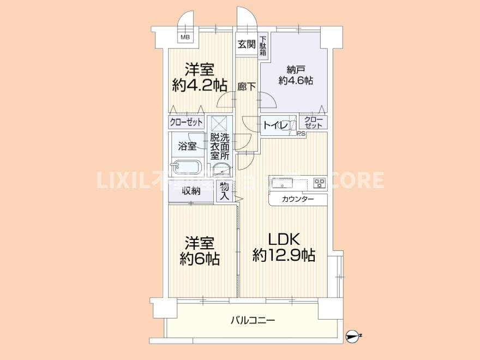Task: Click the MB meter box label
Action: pyautogui.click(x=185, y=38)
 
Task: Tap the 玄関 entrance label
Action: pyautogui.click(x=246, y=44)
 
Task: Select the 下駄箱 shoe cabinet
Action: pyautogui.click(x=263, y=46)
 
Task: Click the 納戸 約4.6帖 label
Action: pyautogui.click(x=295, y=75)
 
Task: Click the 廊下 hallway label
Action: pyautogui.click(x=247, y=86)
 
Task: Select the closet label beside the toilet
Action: pyautogui.click(x=313, y=122)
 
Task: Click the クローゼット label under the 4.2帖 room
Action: pyautogui.click(x=186, y=122)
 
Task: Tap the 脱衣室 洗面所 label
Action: pyautogui.click(x=221, y=146)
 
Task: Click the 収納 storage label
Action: pyautogui.click(x=191, y=191)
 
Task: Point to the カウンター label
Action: pyautogui.click(x=298, y=200)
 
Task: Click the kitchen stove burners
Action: pyautogui.click(x=319, y=183)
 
